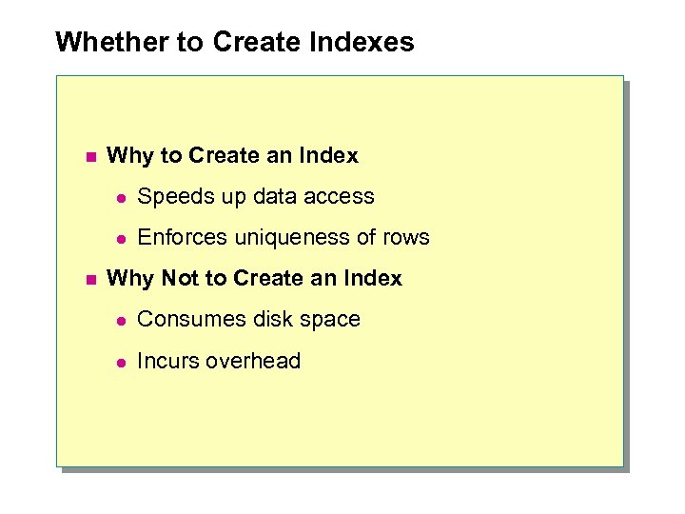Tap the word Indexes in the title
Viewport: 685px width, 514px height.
point(364,43)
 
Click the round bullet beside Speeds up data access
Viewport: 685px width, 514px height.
point(121,197)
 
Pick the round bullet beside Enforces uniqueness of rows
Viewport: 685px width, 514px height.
point(121,238)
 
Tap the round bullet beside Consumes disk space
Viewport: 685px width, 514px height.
point(121,321)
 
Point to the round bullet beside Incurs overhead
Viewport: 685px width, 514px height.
point(121,362)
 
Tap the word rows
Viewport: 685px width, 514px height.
point(406,238)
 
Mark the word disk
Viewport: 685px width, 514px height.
point(268,320)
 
